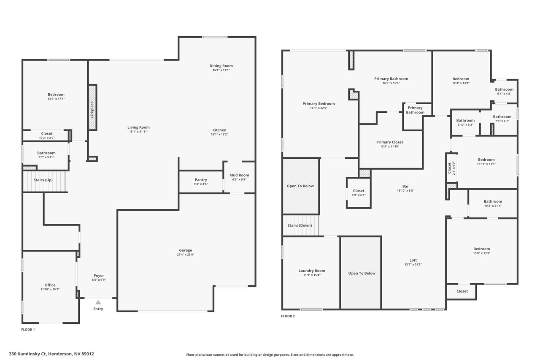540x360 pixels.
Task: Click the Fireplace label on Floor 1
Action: (92, 109)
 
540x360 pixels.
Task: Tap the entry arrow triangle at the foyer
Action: (98, 302)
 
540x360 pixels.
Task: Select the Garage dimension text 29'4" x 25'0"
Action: (185, 254)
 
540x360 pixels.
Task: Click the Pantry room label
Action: (201, 180)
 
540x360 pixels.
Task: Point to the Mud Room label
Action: (239, 175)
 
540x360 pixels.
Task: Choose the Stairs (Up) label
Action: (43, 180)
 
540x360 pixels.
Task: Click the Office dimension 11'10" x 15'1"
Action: (50, 290)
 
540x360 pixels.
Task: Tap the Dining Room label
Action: (221, 65)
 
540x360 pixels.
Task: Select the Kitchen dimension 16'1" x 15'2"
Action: (219, 134)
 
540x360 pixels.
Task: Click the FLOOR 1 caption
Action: (28, 330)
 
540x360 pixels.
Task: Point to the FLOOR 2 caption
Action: (288, 316)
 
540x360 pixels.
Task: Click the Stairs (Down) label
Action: (300, 225)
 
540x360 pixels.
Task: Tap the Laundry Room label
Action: (312, 271)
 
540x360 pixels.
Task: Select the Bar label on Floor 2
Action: (405, 186)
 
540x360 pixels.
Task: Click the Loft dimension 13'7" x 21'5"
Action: (413, 265)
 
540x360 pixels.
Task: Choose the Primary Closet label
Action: (389, 142)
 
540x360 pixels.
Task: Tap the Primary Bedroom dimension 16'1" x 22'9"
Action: (319, 108)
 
